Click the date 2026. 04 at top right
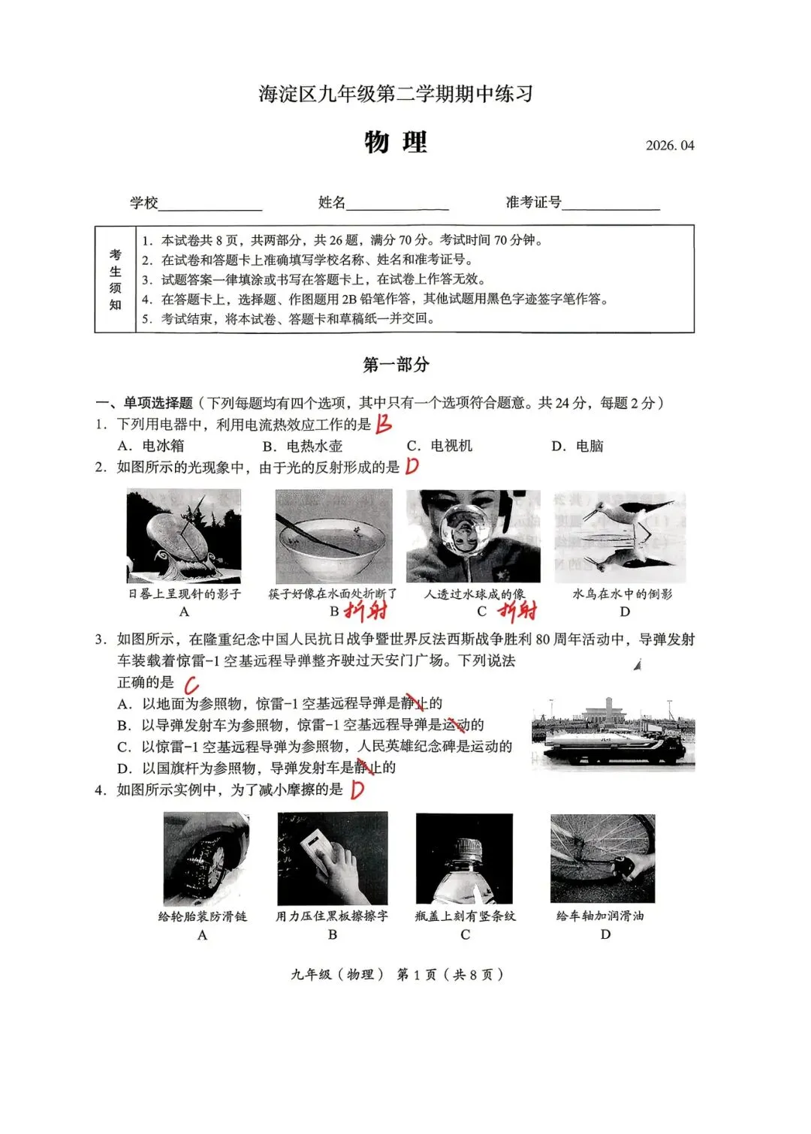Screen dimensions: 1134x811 [x=670, y=146]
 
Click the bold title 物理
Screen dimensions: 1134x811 [x=396, y=142]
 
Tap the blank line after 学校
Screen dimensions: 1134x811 [x=210, y=206]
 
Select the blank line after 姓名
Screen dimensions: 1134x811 [x=397, y=206]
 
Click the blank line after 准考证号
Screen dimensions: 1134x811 [x=611, y=206]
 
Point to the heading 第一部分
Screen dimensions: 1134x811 [x=396, y=365]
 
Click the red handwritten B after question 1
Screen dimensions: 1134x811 [x=384, y=424]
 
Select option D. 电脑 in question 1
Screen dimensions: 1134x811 [x=577, y=446]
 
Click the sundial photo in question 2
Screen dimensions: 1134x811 [x=184, y=536]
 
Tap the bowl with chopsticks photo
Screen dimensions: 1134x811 [x=333, y=536]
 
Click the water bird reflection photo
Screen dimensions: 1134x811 [x=620, y=536]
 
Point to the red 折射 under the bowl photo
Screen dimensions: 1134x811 [x=366, y=612]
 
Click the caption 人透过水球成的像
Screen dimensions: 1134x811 [x=475, y=594]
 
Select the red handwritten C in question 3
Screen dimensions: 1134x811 [x=191, y=684]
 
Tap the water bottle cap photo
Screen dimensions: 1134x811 [x=465, y=859]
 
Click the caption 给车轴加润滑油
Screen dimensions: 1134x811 [x=600, y=916]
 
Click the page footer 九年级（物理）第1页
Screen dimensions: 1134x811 [x=397, y=974]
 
